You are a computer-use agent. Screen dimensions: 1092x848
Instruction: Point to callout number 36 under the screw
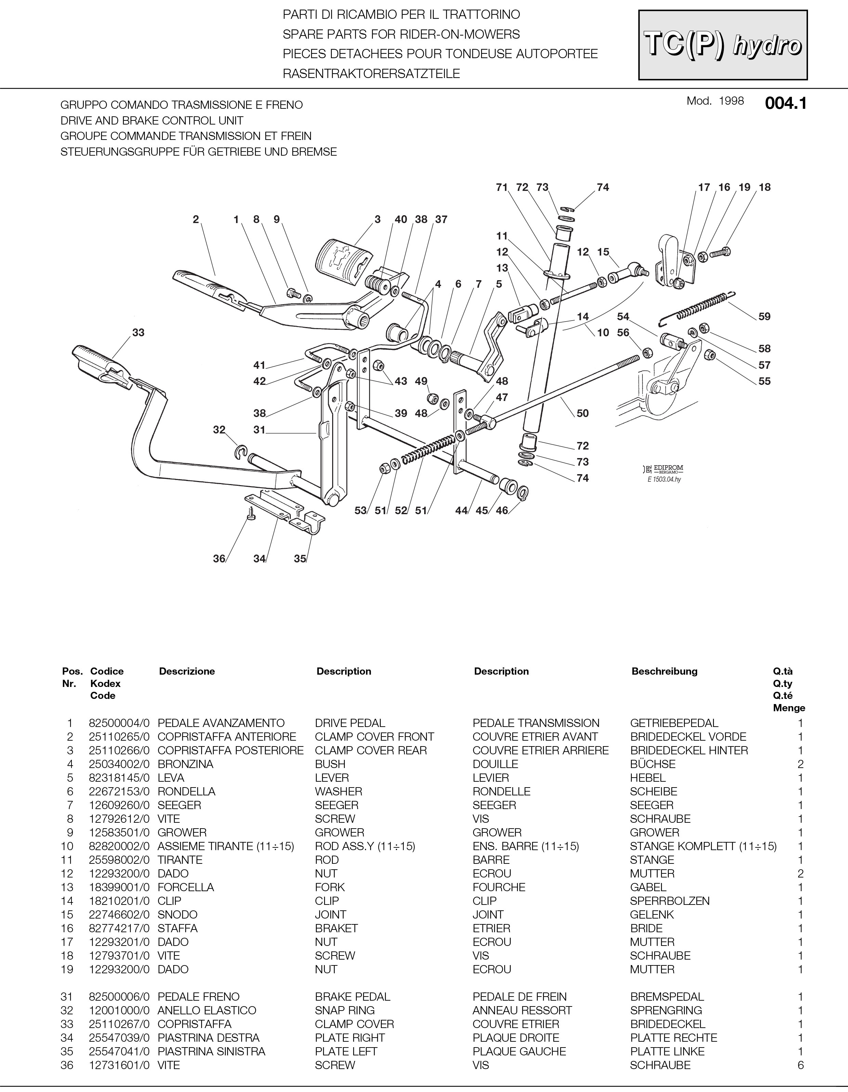(x=219, y=559)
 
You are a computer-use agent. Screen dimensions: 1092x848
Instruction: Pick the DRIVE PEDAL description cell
(x=350, y=723)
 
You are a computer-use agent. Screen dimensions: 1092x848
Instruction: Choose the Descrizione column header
(x=187, y=672)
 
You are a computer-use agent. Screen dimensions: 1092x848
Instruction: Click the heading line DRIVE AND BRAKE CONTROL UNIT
(x=152, y=120)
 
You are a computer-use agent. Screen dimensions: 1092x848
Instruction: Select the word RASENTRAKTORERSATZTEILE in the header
(x=371, y=74)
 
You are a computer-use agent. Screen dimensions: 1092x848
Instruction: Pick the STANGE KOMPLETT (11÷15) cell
(x=703, y=846)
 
